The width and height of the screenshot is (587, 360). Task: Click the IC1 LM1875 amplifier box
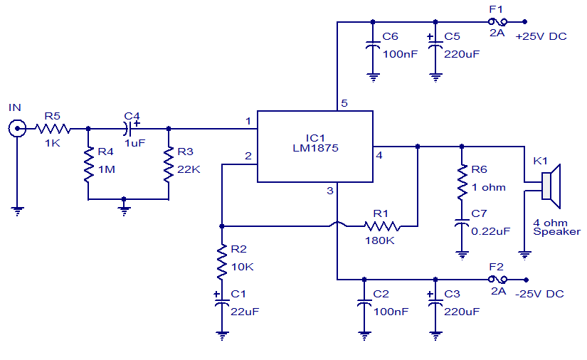pos(314,147)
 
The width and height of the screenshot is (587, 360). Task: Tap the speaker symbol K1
pos(551,184)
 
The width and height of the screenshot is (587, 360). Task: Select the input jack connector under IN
pos(16,129)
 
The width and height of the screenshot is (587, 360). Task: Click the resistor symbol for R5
pos(53,129)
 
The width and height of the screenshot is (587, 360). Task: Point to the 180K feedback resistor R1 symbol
pos(381,227)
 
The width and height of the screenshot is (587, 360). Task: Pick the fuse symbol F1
pos(497,21)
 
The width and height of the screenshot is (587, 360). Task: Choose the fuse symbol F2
pos(497,279)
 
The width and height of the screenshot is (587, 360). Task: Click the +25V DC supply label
pos(541,36)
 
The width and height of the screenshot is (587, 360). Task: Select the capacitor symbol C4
pos(128,129)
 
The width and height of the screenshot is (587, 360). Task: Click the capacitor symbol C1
pos(222,303)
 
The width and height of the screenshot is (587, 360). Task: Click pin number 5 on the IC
pos(344,104)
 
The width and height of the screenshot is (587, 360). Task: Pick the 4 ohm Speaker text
pos(556,227)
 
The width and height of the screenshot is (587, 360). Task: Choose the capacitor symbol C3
pos(434,303)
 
